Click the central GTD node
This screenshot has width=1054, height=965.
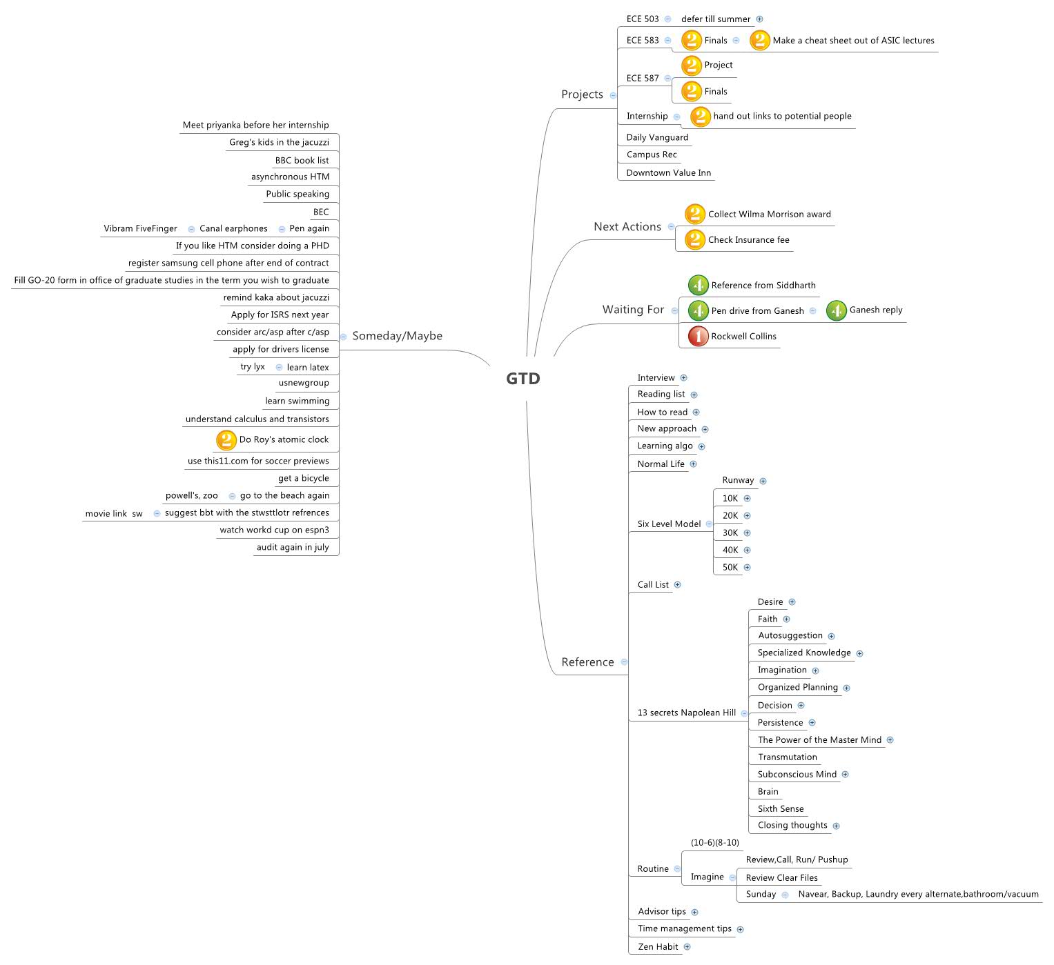coord(523,379)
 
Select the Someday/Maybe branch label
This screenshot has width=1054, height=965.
coord(397,336)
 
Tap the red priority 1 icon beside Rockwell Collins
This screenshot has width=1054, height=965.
coord(698,336)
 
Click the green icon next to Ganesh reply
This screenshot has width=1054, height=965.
coord(836,310)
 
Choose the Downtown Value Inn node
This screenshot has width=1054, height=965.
coord(668,173)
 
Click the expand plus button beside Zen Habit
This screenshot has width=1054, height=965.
coord(687,947)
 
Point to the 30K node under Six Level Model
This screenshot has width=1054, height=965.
coord(730,533)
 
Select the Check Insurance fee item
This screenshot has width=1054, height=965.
coord(748,240)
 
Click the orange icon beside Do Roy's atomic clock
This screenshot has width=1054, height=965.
coord(226,440)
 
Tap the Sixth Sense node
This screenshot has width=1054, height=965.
coord(780,809)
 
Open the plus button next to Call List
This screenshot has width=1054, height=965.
coord(677,585)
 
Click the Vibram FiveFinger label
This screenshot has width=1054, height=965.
coord(140,229)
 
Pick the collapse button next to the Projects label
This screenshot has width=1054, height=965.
coord(613,95)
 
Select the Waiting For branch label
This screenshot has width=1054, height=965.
coord(633,310)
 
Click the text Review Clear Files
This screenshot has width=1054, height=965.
coord(781,878)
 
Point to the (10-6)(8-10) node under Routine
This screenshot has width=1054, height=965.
coord(714,843)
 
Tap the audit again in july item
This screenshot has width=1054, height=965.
coord(293,548)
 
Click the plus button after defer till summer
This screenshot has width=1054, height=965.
coord(759,19)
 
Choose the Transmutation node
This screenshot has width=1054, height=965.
coord(787,757)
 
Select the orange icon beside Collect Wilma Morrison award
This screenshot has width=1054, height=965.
coord(694,215)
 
